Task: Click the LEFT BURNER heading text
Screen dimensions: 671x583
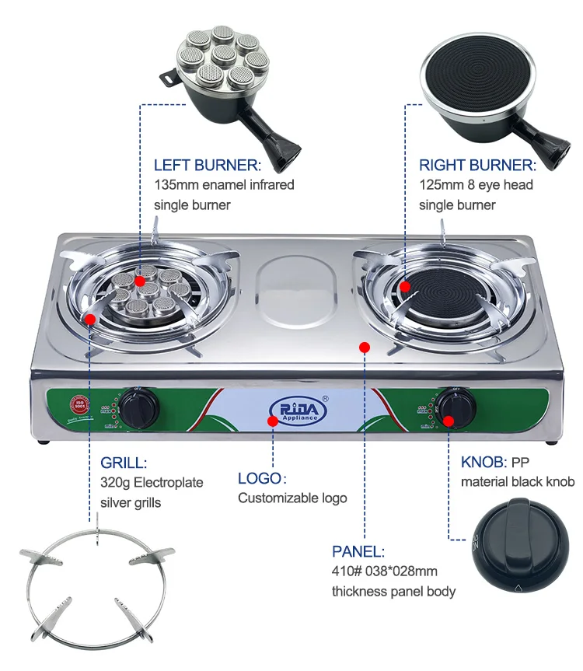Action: [207, 165]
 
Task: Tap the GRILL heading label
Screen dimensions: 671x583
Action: [124, 463]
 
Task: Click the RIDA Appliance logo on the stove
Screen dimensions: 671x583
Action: [299, 407]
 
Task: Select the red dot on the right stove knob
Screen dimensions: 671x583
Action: [449, 421]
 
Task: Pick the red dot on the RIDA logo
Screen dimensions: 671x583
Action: [272, 421]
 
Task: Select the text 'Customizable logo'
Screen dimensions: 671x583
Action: [292, 498]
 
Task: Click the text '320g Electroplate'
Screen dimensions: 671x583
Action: [152, 483]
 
